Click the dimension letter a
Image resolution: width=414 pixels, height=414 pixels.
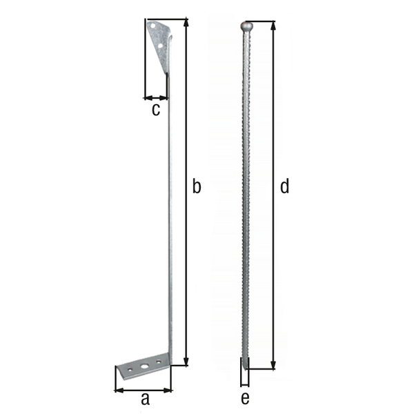click(144, 399)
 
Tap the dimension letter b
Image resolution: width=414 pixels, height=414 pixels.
click(197, 186)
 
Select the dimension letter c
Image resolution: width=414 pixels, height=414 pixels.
click(156, 109)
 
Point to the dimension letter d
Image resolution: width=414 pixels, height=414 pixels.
click(284, 186)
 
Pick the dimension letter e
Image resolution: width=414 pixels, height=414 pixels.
click(245, 398)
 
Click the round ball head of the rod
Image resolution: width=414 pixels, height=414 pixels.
click(246, 27)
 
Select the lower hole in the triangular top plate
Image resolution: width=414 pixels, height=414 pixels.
click(161, 46)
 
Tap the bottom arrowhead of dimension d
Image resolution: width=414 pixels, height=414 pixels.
click(273, 366)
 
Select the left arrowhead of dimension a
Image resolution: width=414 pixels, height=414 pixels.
click(118, 390)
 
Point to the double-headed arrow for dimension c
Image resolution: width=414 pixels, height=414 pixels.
click(156, 98)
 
